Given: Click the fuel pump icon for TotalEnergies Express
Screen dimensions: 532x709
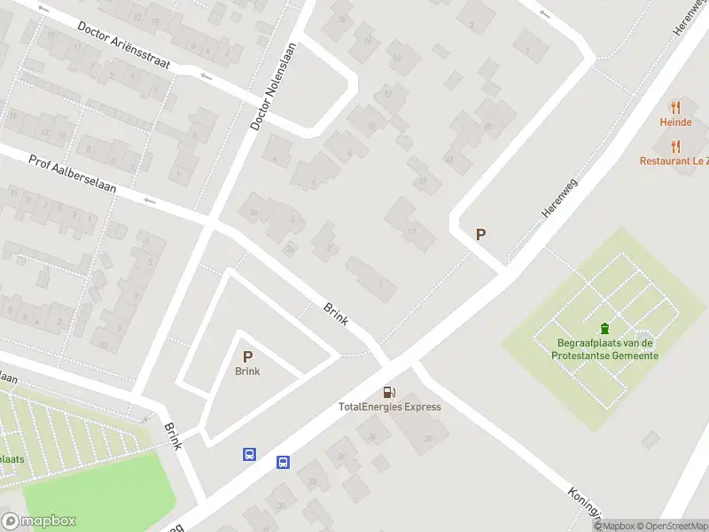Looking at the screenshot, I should tap(389, 392).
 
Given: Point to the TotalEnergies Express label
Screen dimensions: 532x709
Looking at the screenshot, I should tap(390, 407).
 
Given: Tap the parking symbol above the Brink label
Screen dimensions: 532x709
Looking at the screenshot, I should tap(247, 356).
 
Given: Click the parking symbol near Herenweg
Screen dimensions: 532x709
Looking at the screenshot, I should tap(481, 235).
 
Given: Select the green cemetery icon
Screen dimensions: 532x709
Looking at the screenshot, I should tap(605, 328).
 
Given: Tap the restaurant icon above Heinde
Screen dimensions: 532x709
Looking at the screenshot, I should tap(675, 107).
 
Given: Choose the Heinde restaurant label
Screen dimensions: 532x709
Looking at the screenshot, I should tap(675, 122).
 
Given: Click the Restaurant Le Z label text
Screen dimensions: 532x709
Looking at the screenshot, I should tap(674, 161).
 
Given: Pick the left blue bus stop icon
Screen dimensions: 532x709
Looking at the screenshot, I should tap(250, 455).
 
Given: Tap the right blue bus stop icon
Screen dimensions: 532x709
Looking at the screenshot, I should tap(283, 462).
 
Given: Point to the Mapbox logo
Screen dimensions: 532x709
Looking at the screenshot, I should tap(39, 521).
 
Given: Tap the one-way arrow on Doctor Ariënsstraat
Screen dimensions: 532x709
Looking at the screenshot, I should tap(206, 77).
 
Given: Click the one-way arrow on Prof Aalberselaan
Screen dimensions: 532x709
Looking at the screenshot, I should tap(149, 200).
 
